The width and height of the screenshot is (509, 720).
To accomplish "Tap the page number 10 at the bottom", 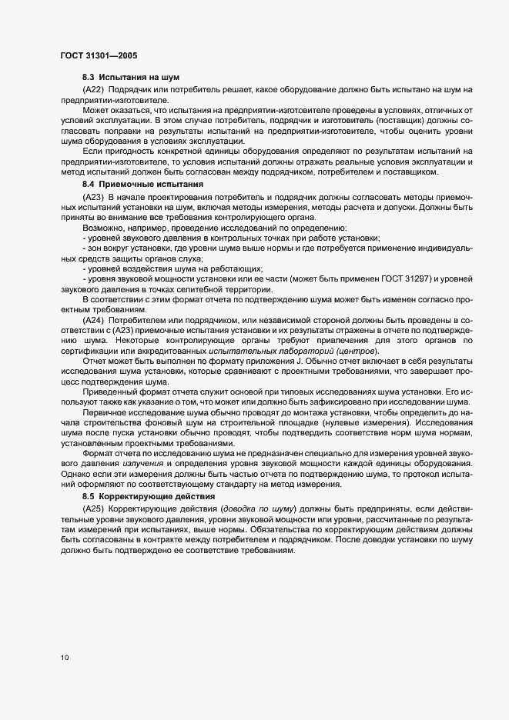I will point(65,658).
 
